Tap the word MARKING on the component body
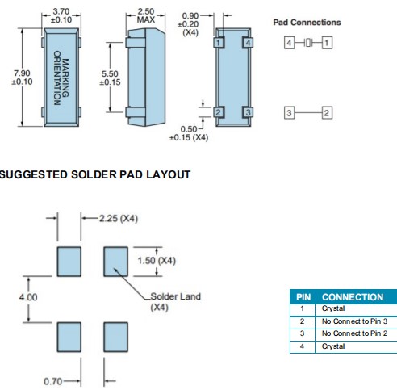(x=65, y=78)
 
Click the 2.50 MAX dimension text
(x=146, y=15)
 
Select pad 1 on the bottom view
(x=219, y=43)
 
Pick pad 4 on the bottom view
(x=248, y=43)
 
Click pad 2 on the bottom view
(x=219, y=112)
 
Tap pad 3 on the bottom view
(x=248, y=112)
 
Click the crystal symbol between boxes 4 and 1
(x=308, y=43)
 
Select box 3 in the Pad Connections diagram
(x=289, y=113)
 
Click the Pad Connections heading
(x=307, y=23)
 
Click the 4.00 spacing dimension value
(x=28, y=297)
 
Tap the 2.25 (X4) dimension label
(x=119, y=218)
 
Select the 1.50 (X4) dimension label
(x=157, y=261)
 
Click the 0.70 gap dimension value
(x=52, y=381)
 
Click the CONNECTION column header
(x=353, y=297)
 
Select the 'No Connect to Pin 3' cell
(x=354, y=321)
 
